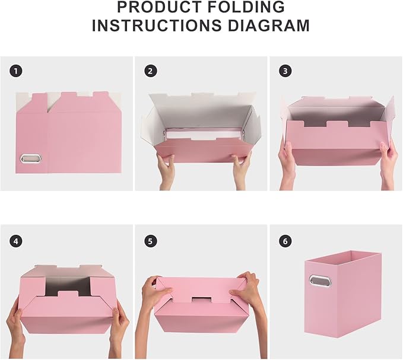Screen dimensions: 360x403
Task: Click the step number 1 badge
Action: pos(16,71)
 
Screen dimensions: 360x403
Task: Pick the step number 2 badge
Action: pos(151,71)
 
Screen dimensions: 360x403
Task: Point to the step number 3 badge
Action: pos(285,71)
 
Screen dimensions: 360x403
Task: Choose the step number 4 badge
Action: pos(16,241)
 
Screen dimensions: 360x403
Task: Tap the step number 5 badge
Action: pos(151,241)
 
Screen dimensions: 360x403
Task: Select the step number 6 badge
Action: pos(285,241)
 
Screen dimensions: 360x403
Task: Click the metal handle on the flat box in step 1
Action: pos(28,159)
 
